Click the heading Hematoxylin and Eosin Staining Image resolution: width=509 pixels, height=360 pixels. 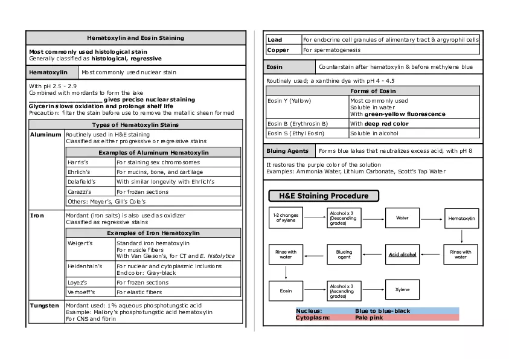click(135, 38)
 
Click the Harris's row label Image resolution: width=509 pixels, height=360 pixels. click(78, 162)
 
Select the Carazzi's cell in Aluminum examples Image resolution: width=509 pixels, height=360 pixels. click(79, 191)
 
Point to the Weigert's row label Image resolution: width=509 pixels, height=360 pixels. click(80, 243)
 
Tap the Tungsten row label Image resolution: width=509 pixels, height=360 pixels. click(45, 306)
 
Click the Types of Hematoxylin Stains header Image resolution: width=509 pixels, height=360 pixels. click(135, 124)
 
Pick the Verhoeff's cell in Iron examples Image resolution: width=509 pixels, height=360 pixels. click(81, 292)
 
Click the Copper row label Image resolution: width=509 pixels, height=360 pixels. click(278, 50)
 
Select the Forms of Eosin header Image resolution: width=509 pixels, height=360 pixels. click(373, 91)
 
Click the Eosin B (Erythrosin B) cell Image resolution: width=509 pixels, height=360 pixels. click(298, 124)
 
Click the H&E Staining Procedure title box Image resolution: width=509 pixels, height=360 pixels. click(324, 196)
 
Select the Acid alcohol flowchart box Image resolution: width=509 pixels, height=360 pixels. click(402, 254)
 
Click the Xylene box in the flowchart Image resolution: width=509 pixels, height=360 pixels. click(402, 290)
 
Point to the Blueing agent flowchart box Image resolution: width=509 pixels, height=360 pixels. click(344, 254)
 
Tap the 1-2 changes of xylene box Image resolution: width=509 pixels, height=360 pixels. click(286, 218)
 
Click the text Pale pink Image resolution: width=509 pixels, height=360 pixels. click(369, 318)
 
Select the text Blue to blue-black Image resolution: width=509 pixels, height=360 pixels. click(382, 311)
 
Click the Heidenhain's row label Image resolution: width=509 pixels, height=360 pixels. click(85, 266)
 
